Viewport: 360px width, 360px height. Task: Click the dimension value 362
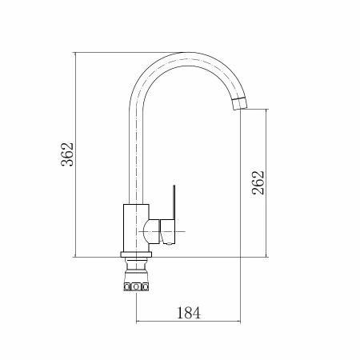(x=67, y=154)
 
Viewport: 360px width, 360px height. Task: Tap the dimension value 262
(x=258, y=182)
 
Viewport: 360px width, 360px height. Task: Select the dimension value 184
(x=189, y=313)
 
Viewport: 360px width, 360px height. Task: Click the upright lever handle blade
(x=174, y=202)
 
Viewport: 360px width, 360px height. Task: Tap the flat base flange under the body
(x=136, y=254)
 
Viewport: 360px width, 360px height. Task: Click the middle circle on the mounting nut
(x=136, y=287)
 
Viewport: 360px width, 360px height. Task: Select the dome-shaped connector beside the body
(x=151, y=231)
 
